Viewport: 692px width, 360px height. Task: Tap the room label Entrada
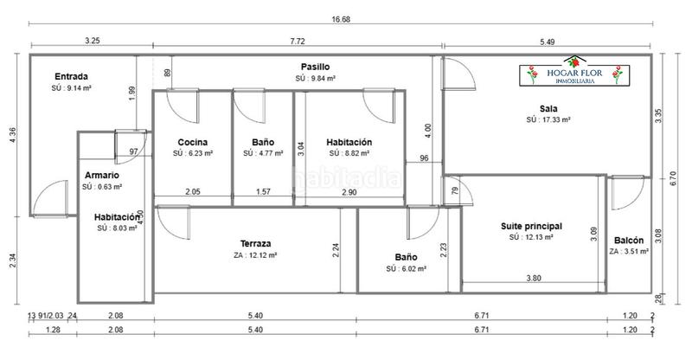point(71,75)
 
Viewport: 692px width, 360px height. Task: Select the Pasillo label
point(315,67)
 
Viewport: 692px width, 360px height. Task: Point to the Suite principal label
point(530,225)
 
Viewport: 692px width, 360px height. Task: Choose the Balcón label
point(628,241)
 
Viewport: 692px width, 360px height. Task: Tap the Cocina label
point(193,142)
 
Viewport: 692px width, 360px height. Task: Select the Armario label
point(101,175)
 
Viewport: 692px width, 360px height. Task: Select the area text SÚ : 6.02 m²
point(406,268)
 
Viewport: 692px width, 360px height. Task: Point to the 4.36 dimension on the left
point(12,135)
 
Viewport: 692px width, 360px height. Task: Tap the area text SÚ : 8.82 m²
point(349,153)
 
